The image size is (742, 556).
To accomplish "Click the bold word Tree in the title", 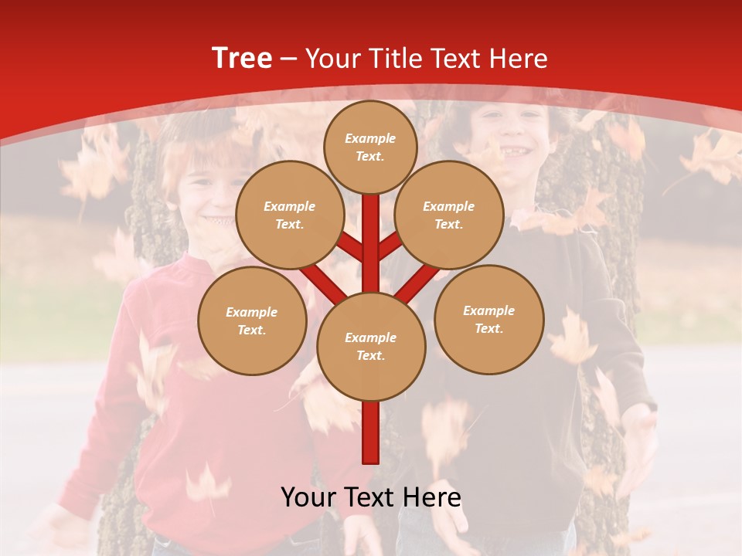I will click(241, 58).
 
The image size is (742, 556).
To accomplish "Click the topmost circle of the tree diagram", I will click(370, 147).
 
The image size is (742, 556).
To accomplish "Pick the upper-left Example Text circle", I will click(289, 215).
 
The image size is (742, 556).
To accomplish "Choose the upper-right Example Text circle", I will click(449, 215).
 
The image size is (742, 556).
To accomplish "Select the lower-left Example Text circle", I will click(252, 320).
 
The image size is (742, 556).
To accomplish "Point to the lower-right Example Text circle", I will click(489, 319).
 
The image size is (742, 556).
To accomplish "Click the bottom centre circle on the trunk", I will click(371, 347).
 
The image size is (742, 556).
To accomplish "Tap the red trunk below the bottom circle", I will click(371, 432).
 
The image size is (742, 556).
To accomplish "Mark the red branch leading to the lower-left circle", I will click(321, 282).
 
